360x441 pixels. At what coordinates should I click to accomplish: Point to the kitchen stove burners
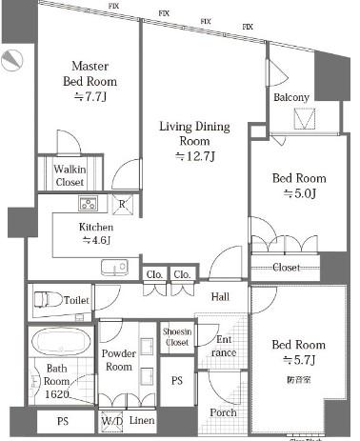[88, 204]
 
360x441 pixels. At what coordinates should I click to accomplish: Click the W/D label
[111, 420]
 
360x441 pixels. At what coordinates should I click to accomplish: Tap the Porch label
[224, 412]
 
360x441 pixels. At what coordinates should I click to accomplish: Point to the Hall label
[221, 296]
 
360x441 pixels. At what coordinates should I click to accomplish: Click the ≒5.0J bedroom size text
[298, 193]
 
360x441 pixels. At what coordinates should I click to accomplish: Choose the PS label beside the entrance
[175, 379]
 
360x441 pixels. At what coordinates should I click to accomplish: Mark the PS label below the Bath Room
[61, 420]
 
